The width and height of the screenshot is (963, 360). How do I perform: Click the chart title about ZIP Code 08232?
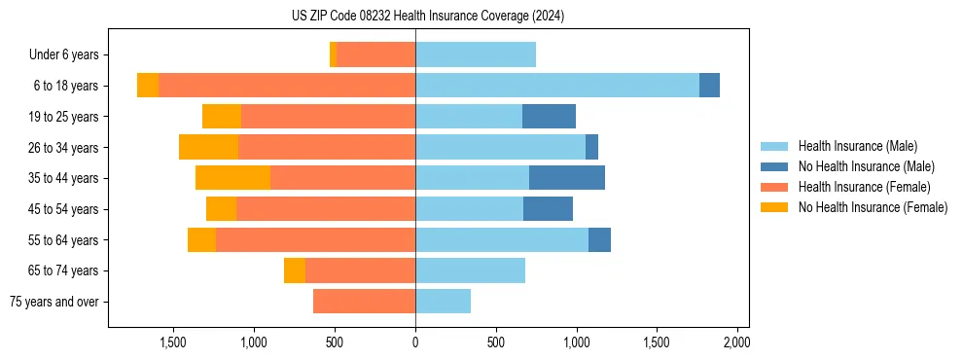pyautogui.click(x=428, y=17)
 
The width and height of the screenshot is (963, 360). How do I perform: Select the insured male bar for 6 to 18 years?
pyautogui.click(x=556, y=86)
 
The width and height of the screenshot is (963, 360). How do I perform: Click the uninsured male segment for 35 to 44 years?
pyautogui.click(x=567, y=178)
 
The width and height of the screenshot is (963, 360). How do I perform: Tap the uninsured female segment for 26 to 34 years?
pyautogui.click(x=208, y=147)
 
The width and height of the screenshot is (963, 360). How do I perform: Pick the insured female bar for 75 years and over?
pyautogui.click(x=364, y=302)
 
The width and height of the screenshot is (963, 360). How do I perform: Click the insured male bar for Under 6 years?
pyautogui.click(x=476, y=54)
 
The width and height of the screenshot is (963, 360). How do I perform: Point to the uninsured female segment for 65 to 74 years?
pyautogui.click(x=295, y=270)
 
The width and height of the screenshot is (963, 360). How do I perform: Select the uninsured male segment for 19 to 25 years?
pyautogui.click(x=549, y=117)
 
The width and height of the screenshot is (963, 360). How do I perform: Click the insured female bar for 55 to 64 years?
pyautogui.click(x=315, y=239)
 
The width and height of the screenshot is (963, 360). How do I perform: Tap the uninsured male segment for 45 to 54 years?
pyautogui.click(x=548, y=209)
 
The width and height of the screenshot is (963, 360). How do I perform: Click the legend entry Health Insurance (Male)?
pyautogui.click(x=857, y=146)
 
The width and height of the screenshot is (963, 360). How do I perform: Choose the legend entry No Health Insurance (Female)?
pyautogui.click(x=873, y=207)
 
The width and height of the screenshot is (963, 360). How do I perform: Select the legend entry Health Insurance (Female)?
pyautogui.click(x=864, y=187)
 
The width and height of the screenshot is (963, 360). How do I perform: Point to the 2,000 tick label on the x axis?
pyautogui.click(x=736, y=342)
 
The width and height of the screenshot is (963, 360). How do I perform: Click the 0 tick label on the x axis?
pyautogui.click(x=415, y=342)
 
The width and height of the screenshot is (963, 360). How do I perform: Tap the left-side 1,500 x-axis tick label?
pyautogui.click(x=173, y=342)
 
